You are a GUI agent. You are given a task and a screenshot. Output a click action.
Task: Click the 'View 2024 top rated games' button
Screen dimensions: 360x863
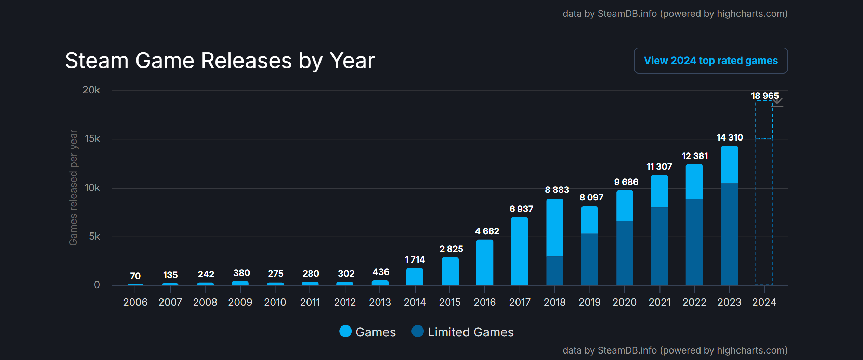coord(710,61)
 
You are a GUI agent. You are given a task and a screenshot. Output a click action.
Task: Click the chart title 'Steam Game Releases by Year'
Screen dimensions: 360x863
coord(220,61)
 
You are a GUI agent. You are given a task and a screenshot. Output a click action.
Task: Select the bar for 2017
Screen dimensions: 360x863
coord(519,251)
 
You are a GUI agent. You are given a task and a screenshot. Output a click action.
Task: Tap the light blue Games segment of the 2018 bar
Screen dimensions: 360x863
coord(554,228)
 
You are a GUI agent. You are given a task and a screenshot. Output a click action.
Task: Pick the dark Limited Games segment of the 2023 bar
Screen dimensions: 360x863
coord(729,234)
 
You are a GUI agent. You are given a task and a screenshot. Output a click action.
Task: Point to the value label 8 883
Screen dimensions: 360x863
coord(557,190)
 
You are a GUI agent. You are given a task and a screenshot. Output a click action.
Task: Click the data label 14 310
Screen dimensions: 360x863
coord(730,137)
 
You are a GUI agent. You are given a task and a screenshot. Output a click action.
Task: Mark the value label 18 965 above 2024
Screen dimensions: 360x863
coord(764,96)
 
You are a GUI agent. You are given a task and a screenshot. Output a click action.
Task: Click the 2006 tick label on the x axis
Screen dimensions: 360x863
coord(135,302)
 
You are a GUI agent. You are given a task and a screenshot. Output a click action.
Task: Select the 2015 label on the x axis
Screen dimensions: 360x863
coord(449,302)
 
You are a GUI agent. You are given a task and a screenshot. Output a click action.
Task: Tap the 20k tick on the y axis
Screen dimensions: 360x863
coord(91,90)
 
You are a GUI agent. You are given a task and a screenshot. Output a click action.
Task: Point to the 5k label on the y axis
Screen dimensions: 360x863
coord(94,236)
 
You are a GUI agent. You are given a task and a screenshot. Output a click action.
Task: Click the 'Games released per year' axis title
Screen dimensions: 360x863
coord(73,187)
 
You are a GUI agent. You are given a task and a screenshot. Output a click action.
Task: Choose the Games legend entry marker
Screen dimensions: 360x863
coord(345,331)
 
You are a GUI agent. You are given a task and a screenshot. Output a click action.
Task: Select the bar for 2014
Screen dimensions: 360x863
coord(415,276)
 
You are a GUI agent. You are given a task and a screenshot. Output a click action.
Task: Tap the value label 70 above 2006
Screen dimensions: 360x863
coord(135,276)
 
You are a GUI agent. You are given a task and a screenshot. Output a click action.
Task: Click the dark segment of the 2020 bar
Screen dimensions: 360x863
coord(625,253)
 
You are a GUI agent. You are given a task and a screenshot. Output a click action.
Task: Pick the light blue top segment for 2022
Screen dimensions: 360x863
coord(694,181)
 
